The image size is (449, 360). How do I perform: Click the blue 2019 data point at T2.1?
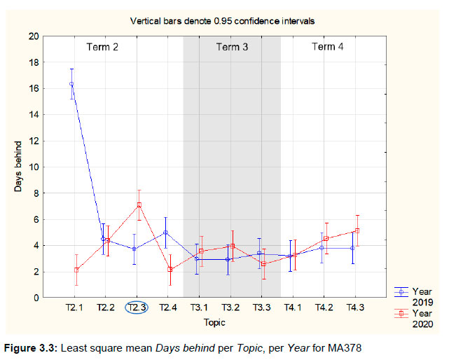71,84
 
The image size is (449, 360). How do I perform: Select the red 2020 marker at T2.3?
139,205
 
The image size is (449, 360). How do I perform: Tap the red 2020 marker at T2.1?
76,270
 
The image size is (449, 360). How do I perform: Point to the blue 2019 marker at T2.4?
165,233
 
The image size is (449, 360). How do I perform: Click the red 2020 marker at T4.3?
357,230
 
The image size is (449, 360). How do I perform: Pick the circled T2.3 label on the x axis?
136,307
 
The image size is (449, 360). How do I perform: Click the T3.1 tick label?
199,307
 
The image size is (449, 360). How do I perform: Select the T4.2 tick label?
324,307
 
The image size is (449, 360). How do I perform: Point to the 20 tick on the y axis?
34,36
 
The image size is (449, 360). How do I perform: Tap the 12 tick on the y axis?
34,141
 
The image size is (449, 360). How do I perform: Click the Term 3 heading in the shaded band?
232,47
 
